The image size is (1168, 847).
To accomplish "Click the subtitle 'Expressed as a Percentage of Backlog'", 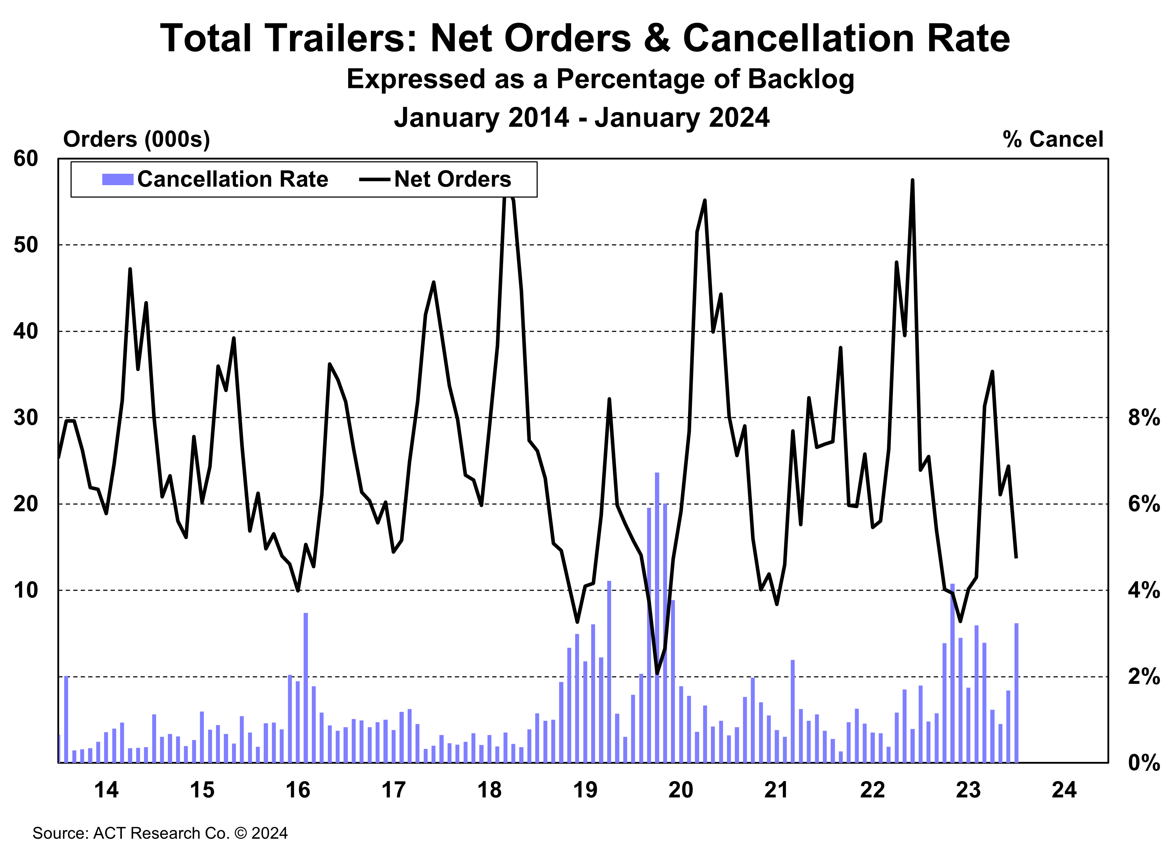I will (x=600, y=80).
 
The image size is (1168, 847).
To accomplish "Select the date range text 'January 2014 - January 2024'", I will (x=582, y=117).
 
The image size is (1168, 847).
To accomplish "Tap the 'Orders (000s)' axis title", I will (x=136, y=140).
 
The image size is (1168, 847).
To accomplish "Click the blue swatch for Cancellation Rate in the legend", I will (x=118, y=179).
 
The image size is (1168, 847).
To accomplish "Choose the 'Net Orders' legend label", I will (x=452, y=179).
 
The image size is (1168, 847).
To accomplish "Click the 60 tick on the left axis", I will (x=26, y=158).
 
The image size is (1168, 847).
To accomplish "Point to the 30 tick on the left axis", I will (x=26, y=417).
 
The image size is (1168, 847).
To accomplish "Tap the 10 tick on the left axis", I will (x=26, y=590).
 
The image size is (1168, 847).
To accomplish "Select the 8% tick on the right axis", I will (x=1143, y=417).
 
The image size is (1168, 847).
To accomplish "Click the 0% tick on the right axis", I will (x=1143, y=762).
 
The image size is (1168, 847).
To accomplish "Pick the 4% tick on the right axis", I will (x=1143, y=590).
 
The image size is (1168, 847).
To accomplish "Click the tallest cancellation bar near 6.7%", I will (x=657, y=617).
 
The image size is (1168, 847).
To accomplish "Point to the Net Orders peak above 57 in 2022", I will (x=913, y=181).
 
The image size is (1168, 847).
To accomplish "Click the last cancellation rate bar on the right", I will (x=1017, y=692).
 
